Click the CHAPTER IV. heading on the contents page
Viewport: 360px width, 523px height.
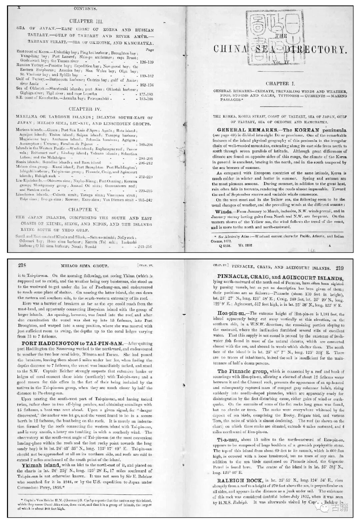(x=85, y=109)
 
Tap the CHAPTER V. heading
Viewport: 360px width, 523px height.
(x=85, y=210)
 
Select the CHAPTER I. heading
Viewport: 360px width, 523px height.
(x=280, y=84)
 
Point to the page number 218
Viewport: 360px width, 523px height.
(x=22, y=265)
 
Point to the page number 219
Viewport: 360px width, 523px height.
(x=340, y=268)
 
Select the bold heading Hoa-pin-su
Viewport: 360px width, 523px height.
(x=233, y=313)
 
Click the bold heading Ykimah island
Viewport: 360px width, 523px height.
(x=41, y=465)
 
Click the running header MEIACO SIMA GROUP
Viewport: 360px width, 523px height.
(x=84, y=266)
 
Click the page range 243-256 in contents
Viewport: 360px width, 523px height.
(x=144, y=247)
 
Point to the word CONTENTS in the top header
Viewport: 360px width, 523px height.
(x=85, y=8)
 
